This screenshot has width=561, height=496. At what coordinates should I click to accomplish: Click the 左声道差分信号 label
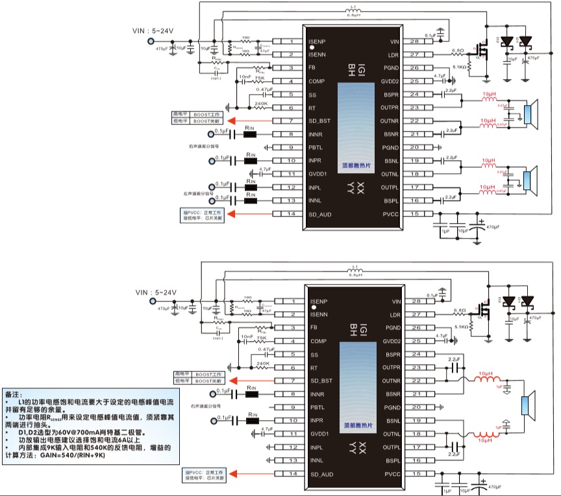tap(198, 193)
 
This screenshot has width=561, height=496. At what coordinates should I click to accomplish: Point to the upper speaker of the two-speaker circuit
tap(531, 114)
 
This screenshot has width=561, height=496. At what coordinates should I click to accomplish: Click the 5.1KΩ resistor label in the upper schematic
tap(458, 66)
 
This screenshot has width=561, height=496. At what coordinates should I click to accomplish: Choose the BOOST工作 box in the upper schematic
tap(207, 114)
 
